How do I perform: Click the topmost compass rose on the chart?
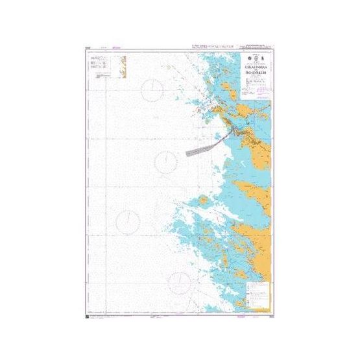[153, 89]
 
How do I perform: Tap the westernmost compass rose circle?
[128, 221]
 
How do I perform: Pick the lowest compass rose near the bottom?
[180, 282]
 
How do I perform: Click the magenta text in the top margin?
[117, 47]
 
